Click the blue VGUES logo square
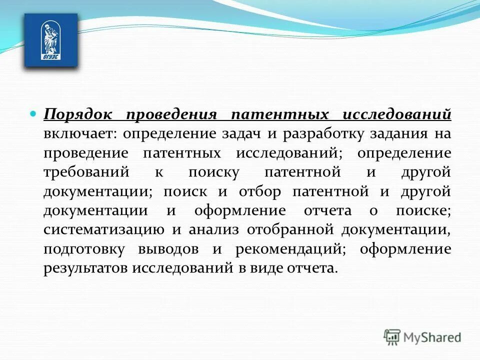[51, 40]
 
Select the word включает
[78, 134]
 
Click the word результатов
[85, 268]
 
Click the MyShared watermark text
[432, 338]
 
